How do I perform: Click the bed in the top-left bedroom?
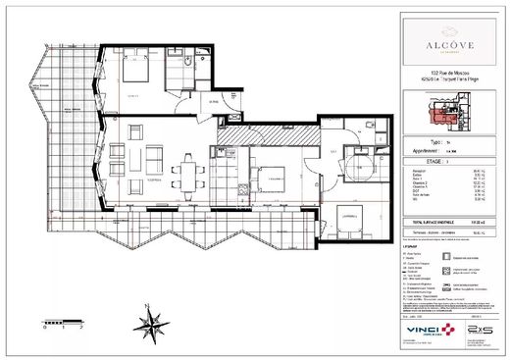[136, 72]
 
